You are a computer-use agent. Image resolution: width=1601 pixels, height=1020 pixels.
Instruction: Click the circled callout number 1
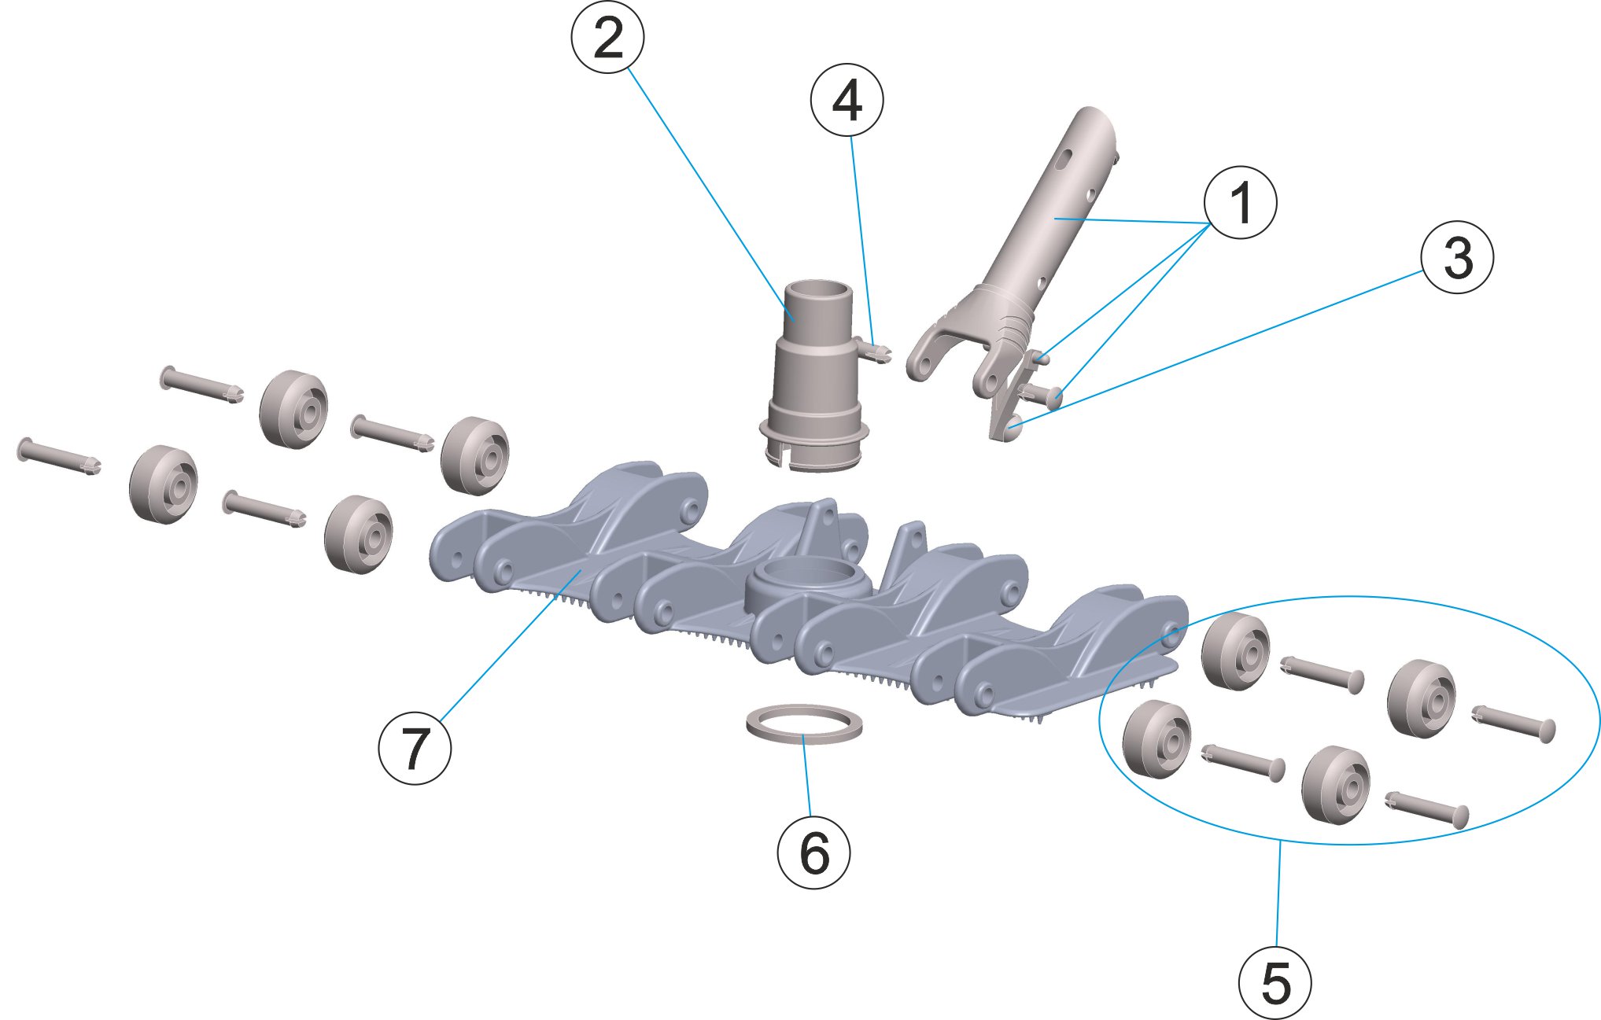pos(1240,202)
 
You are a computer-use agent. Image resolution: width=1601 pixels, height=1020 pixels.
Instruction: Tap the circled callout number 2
pos(607,38)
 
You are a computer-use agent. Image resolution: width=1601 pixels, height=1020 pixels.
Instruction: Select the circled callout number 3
pos(1457,257)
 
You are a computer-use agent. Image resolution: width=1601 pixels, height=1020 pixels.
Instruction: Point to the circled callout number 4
pos(847,101)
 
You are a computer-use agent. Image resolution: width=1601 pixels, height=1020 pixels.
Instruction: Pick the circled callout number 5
pos(1275,983)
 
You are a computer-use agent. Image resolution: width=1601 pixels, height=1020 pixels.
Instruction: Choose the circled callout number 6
pos(813,852)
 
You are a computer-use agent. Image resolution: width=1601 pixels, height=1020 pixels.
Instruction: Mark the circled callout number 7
pos(415,747)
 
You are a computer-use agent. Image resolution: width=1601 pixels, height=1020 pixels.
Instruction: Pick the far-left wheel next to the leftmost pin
pos(163,484)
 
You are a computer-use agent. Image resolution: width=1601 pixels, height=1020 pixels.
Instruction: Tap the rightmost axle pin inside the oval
pos(1514,721)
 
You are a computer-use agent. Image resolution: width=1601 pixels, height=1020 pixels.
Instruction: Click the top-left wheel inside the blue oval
pos(1235,652)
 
